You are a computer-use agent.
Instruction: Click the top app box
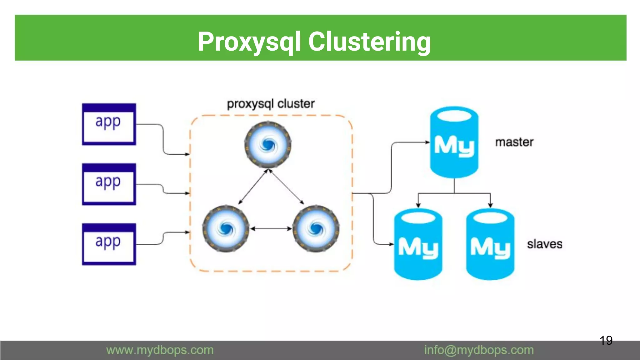click(109, 124)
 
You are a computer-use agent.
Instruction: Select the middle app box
click(109, 184)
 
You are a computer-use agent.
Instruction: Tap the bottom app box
click(109, 244)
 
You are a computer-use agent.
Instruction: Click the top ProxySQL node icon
click(268, 145)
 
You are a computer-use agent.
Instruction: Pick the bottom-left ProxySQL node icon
click(226, 229)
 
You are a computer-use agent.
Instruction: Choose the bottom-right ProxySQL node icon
click(316, 229)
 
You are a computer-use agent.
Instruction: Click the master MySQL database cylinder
click(454, 142)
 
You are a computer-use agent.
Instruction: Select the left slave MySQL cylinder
click(418, 244)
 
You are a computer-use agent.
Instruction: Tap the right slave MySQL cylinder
click(490, 244)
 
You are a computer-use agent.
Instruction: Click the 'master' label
click(514, 142)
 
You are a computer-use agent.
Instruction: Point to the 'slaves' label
click(545, 244)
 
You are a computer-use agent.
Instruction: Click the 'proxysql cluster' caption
click(271, 104)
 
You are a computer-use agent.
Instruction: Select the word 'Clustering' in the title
click(369, 42)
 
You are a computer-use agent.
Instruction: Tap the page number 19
click(606, 340)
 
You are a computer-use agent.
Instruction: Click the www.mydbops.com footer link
click(160, 350)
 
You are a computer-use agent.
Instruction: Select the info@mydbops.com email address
click(479, 350)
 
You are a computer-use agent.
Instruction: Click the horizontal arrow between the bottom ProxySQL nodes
click(271, 229)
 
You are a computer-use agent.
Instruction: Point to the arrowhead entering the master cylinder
click(428, 142)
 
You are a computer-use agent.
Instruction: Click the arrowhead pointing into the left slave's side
click(392, 244)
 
